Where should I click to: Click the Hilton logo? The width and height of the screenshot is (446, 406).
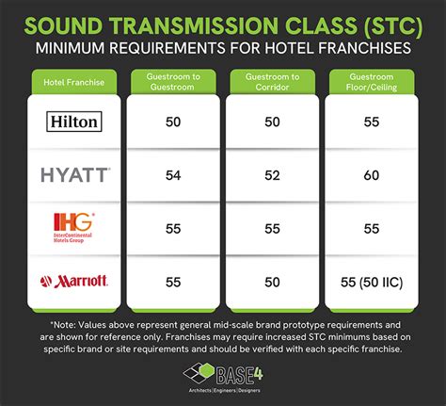point(75,121)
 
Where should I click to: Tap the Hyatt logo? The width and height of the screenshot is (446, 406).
point(75,174)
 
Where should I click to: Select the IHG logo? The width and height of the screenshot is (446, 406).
point(74,227)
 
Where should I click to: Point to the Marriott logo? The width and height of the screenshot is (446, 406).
point(75,280)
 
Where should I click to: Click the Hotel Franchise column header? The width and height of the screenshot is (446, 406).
point(75,83)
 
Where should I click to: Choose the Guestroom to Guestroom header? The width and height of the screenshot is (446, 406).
point(173,83)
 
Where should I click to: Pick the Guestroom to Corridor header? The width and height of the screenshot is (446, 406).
point(271,83)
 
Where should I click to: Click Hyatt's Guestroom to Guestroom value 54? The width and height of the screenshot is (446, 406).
point(173,174)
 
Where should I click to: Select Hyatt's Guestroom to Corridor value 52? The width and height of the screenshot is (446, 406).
point(271,174)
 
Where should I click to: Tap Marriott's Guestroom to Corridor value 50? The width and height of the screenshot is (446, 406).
point(271,281)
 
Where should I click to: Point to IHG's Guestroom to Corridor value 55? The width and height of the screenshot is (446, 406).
point(271,228)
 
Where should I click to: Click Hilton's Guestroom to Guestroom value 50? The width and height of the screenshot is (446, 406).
point(173,122)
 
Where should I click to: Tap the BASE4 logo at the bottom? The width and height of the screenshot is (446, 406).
point(223,378)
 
